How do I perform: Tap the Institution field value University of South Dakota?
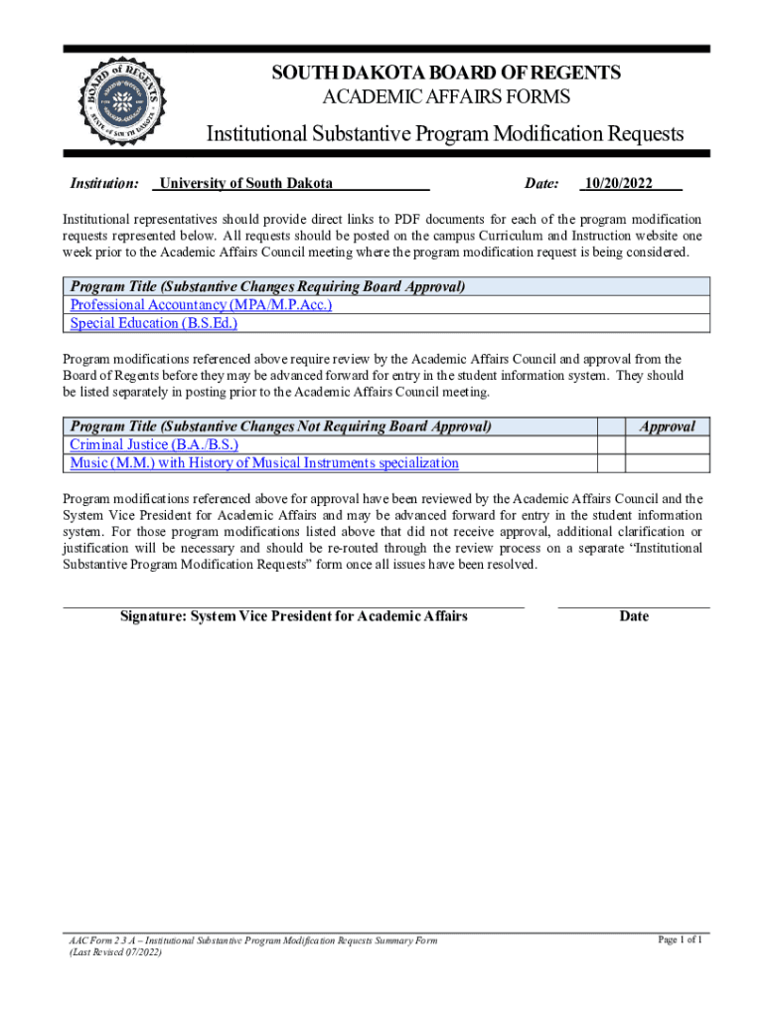point(246,183)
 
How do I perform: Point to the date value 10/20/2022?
point(618,183)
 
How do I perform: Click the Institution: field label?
point(103,183)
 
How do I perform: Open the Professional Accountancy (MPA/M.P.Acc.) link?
point(201,305)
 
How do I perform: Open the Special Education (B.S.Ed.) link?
point(154,323)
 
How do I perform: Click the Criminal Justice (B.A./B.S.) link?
point(154,444)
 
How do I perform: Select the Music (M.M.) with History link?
point(264,463)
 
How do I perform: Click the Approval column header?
point(667,426)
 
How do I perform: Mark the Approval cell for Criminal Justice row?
point(667,444)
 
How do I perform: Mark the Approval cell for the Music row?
point(667,463)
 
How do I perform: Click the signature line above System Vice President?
point(293,604)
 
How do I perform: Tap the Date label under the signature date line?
point(634,616)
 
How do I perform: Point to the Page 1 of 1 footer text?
point(681,939)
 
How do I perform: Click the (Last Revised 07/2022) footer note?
point(115,952)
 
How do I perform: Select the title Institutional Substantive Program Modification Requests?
point(444,134)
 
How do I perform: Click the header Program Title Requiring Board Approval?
point(267,287)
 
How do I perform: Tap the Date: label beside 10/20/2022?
point(541,183)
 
